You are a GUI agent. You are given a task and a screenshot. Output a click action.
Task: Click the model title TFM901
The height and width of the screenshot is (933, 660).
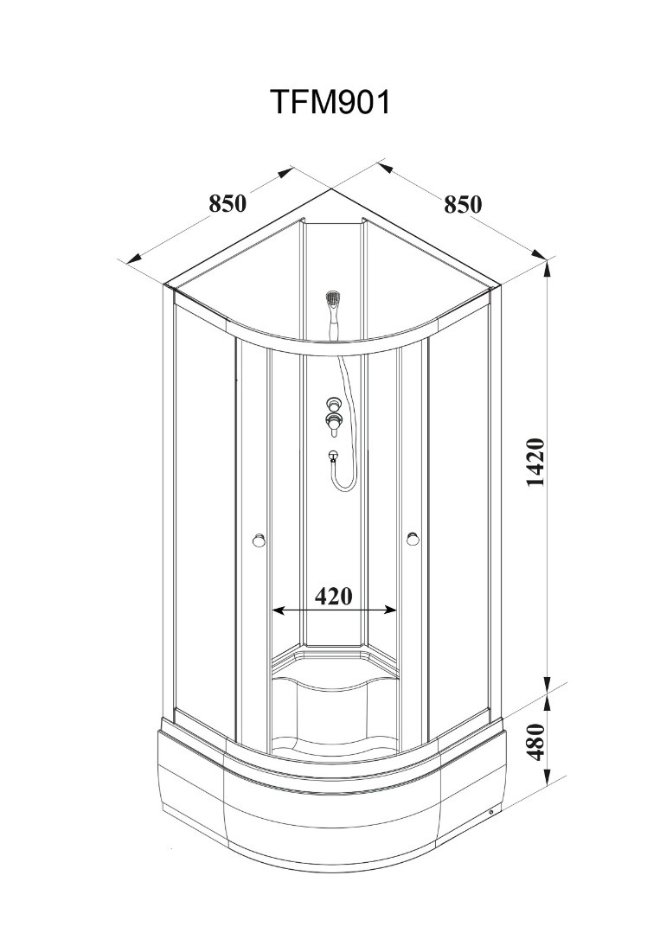[x=330, y=102]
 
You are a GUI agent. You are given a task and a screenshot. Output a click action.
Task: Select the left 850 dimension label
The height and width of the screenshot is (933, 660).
[x=227, y=203]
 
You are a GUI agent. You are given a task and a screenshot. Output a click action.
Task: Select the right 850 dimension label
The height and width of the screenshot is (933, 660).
[x=463, y=204]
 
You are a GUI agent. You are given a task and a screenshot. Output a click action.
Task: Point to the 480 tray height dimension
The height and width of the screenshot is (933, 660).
[x=536, y=741]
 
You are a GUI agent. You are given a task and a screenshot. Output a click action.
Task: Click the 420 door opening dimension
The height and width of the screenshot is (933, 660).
[x=333, y=595]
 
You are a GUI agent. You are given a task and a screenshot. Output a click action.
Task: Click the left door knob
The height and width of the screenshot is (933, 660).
[x=259, y=540]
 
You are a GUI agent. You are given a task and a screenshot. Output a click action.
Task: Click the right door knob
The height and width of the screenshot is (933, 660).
[x=413, y=539]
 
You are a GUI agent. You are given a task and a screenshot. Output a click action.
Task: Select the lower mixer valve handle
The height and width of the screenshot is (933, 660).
[x=333, y=423]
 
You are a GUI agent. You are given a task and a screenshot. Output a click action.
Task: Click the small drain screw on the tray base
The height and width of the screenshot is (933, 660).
[x=490, y=812]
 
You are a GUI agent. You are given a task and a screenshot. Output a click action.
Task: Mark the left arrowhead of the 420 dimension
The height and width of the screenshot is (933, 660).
[x=278, y=610]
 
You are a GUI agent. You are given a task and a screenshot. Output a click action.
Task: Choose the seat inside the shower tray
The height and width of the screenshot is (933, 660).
[x=335, y=693]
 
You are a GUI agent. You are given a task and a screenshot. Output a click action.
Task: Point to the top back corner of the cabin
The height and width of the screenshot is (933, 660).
[x=331, y=189]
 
